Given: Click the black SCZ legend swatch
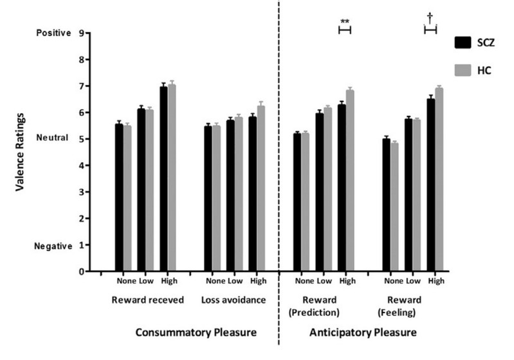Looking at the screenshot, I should pos(464,43).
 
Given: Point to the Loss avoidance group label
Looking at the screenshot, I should pos(228,300).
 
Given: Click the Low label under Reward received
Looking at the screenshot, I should pos(145,280).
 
